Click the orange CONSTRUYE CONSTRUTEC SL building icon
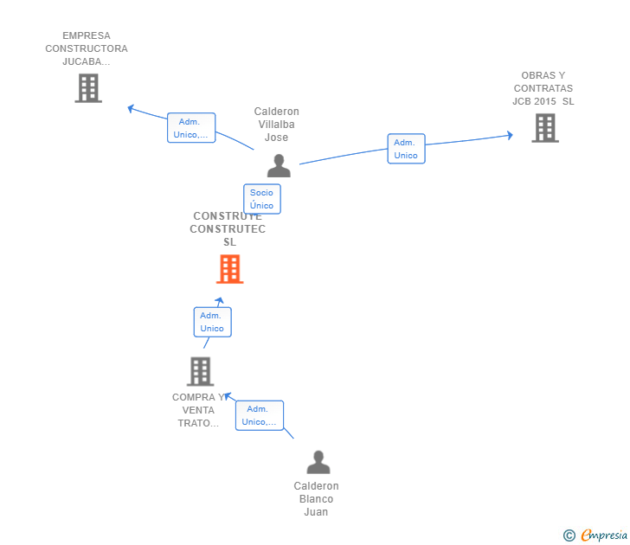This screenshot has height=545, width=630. (229, 269)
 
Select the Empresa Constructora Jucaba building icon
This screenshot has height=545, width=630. (88, 88)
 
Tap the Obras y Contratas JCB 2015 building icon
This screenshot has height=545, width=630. (544, 128)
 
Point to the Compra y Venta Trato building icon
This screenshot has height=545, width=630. (200, 371)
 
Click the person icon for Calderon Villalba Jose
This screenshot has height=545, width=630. (279, 165)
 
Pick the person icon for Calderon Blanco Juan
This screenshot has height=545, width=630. (318, 463)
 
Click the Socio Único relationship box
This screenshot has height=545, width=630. (261, 199)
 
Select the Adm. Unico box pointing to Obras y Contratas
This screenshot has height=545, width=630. (406, 149)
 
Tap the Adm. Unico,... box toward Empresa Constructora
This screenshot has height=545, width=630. (190, 128)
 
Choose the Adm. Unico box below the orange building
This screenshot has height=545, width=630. (212, 322)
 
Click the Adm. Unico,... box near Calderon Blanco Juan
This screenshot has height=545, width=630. (260, 415)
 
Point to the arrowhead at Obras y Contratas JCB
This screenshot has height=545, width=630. (510, 135)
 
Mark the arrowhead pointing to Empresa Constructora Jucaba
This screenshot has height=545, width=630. (131, 109)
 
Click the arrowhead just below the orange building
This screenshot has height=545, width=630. (220, 301)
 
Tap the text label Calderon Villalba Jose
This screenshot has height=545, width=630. (277, 125)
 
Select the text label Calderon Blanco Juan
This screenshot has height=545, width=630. (317, 499)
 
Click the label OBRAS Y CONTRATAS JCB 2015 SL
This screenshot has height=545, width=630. (543, 88)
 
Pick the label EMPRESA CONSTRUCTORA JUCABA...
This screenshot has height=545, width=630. (87, 48)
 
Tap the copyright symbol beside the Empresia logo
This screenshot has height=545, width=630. (569, 535)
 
